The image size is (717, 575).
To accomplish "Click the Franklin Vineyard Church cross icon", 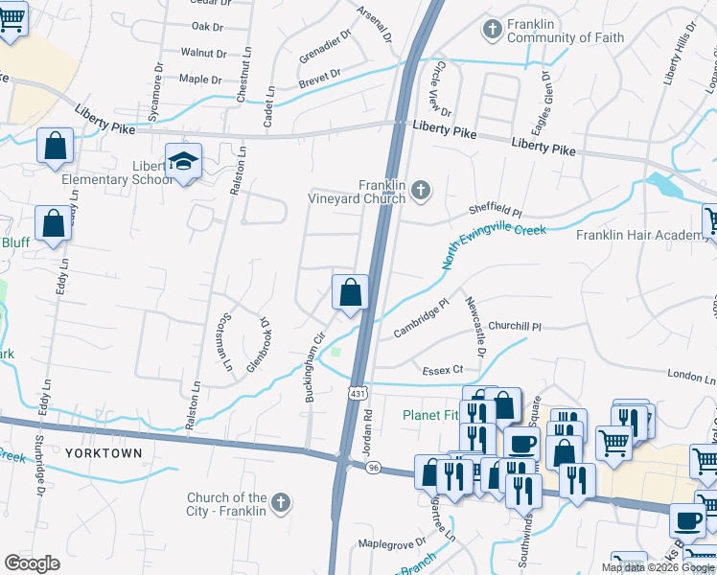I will pos(420,193).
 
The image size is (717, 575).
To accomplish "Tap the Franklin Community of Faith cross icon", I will pos(493,30).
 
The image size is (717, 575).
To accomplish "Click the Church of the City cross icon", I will pos(281,502).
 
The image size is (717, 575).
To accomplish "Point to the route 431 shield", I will pos(357,394).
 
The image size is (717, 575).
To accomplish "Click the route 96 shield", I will pos(373,467).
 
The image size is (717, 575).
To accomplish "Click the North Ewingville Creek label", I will pos(494,246).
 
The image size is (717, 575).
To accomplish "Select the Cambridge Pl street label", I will pos(421,319).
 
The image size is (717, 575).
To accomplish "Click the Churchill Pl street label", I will pos(515,327).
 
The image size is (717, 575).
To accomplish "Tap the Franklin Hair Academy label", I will pos(638,235).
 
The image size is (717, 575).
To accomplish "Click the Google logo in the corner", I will pos(33,563).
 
